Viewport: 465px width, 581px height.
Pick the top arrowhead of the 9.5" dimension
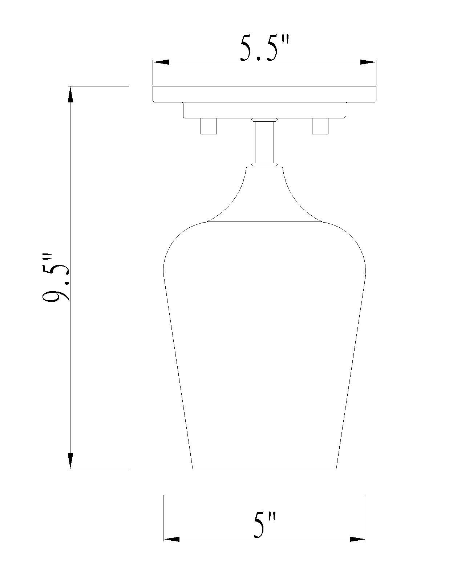coord(70,94)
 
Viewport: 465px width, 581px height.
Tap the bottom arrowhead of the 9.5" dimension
coord(70,461)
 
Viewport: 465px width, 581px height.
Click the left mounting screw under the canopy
coord(209,126)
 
